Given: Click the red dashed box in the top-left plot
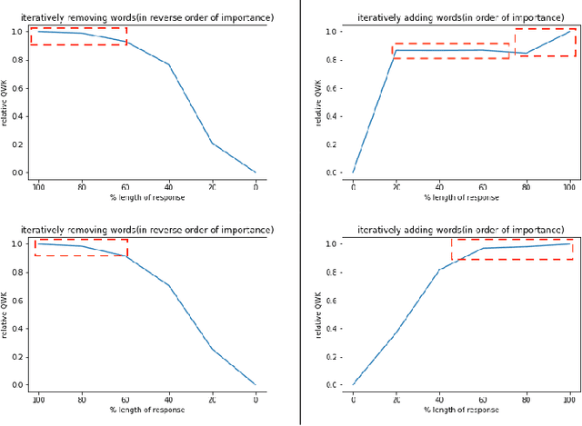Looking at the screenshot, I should [x=78, y=36].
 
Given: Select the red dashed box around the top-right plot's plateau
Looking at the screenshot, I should [x=451, y=51].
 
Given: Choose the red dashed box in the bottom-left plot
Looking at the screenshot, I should [x=80, y=248].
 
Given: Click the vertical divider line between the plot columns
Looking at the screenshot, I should [x=301, y=213].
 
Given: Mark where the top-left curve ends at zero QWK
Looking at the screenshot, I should [x=256, y=173].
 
